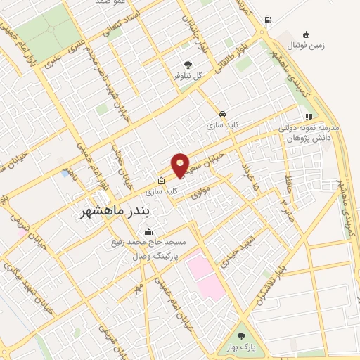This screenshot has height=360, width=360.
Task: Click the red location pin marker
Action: click(181, 165)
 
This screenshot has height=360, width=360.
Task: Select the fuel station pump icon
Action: click(268, 19)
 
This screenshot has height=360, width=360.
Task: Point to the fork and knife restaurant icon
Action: click(307, 117)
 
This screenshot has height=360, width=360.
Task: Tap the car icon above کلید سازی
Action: click(222, 114)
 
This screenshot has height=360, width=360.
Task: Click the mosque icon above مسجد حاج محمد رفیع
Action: click(148, 232)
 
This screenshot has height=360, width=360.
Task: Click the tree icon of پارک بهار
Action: click(243, 335)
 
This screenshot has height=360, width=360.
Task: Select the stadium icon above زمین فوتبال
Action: click(306, 34)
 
